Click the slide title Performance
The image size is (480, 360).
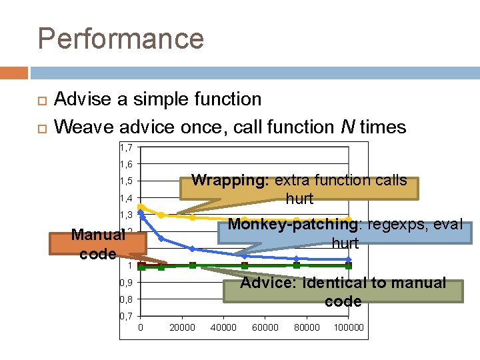121,38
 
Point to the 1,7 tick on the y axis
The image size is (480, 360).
126,147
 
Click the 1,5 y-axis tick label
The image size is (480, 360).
126,181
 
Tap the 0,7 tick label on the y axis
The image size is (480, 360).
126,316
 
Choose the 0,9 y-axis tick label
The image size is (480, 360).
126,283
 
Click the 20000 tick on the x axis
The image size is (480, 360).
182,327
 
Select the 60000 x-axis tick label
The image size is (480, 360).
265,327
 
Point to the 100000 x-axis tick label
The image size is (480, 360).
349,327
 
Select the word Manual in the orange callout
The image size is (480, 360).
98,235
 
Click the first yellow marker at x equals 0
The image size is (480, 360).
141,207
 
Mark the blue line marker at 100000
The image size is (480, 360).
348,259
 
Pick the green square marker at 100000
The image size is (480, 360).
348,266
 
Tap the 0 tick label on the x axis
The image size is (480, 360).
141,327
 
